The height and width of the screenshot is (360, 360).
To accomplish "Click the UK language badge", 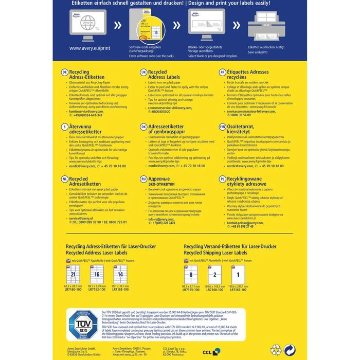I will [144, 72].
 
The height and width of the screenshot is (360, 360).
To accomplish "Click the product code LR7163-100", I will [120, 289].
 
